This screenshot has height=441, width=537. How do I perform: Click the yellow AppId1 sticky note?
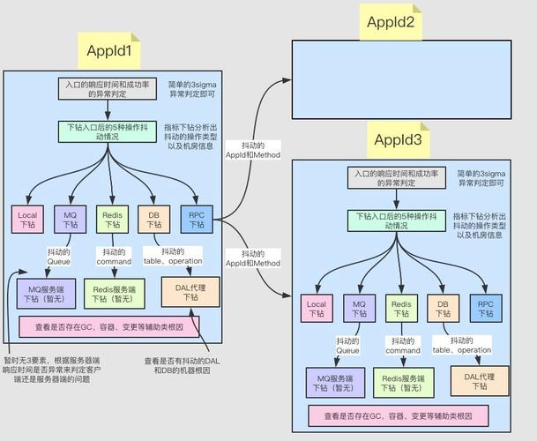[109, 50]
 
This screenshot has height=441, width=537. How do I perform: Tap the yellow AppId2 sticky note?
[391, 21]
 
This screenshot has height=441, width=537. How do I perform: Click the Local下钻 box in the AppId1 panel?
[26, 219]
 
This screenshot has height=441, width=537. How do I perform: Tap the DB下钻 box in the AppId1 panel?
[154, 219]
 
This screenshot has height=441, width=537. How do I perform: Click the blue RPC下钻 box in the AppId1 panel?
[196, 219]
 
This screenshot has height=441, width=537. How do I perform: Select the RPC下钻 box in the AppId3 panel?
[485, 310]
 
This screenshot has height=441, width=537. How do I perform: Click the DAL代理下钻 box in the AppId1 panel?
[190, 292]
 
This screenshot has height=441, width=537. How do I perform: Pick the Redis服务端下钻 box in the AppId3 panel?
[402, 383]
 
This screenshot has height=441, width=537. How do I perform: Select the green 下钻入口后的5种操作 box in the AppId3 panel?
[398, 220]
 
